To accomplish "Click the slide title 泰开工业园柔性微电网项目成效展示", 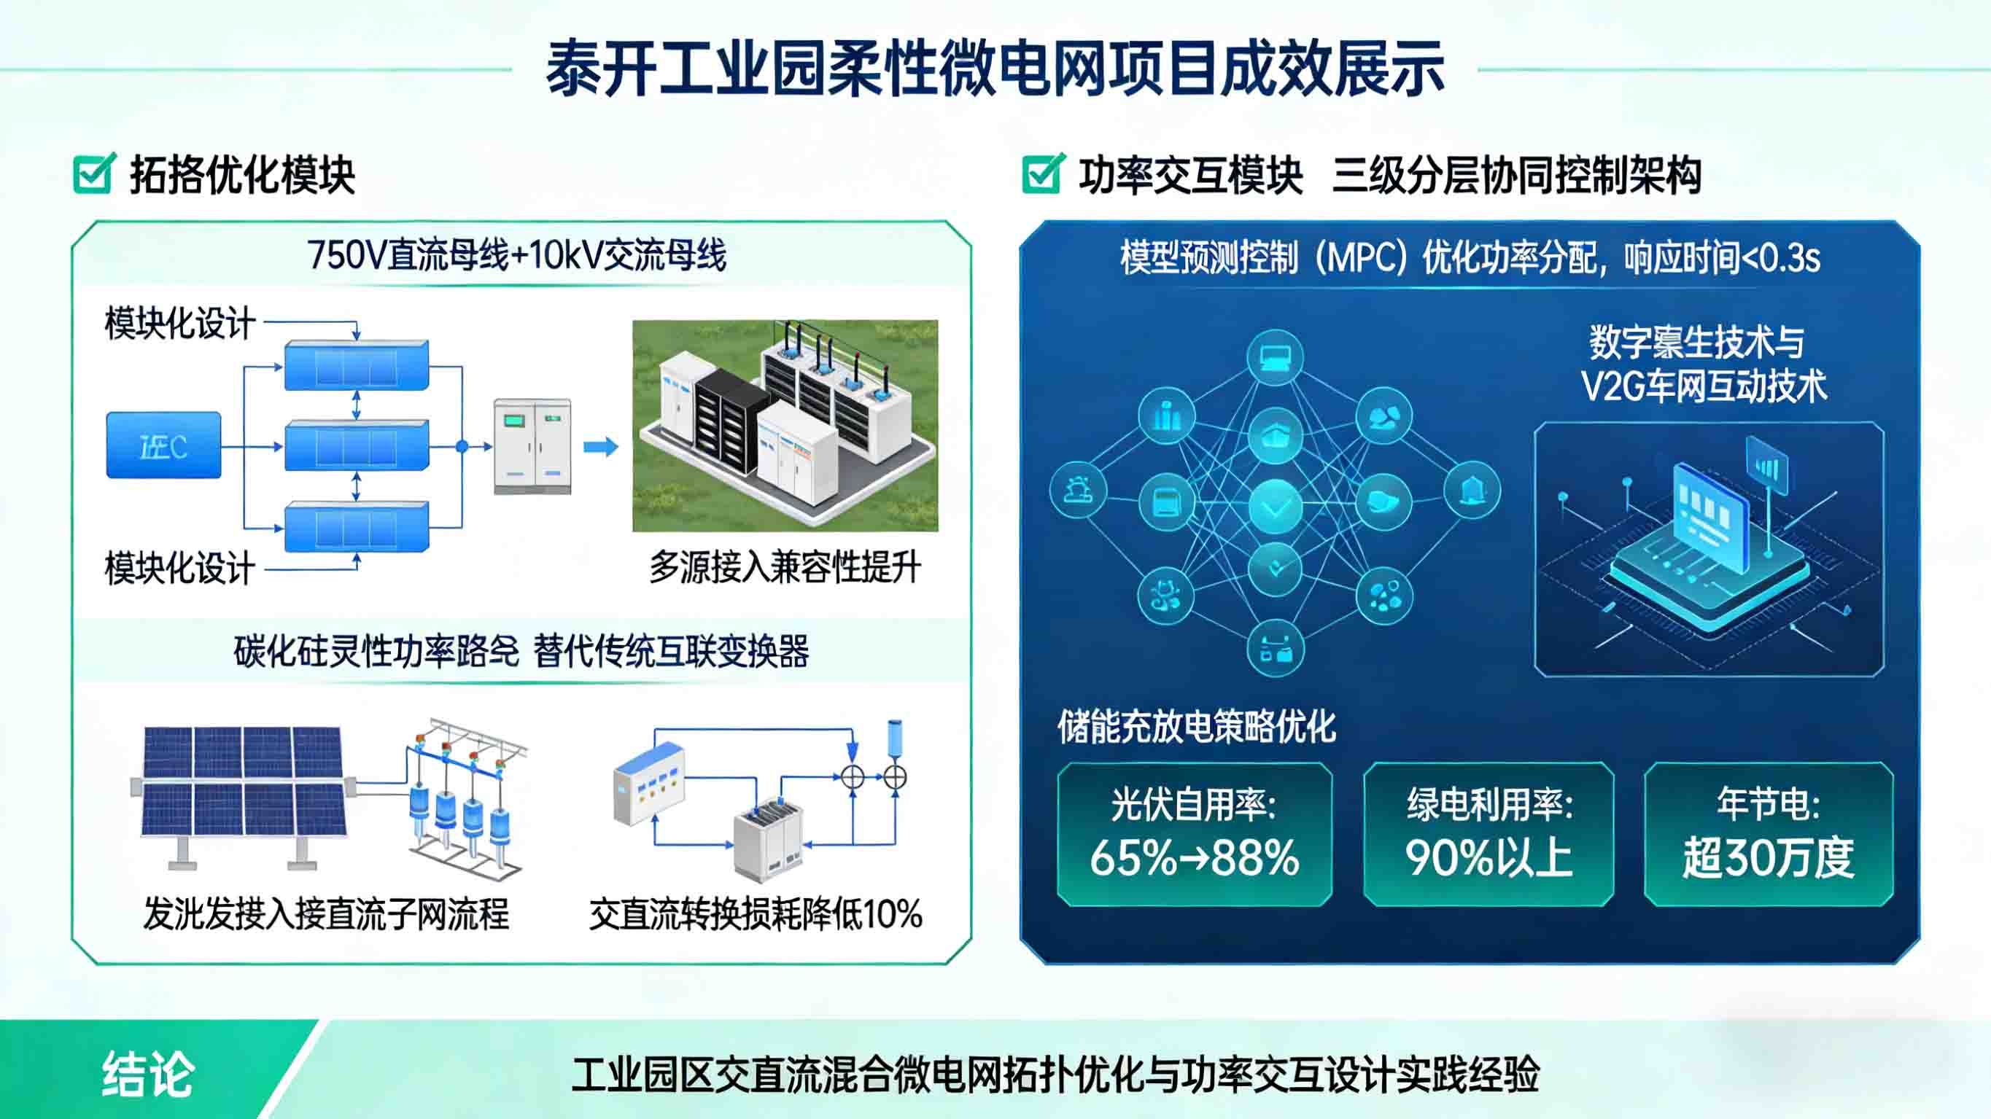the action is click(x=995, y=69).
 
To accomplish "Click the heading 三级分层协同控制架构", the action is click(x=1516, y=176).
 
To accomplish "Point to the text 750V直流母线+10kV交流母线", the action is click(x=516, y=255).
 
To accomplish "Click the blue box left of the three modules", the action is click(x=164, y=445).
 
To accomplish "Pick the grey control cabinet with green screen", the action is click(x=532, y=446).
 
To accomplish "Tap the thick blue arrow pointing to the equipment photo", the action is click(x=600, y=447).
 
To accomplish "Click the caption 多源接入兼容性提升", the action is click(x=785, y=567).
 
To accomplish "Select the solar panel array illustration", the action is click(x=243, y=782).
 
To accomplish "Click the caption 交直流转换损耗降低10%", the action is click(x=755, y=913).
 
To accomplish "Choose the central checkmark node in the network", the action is click(x=1276, y=506).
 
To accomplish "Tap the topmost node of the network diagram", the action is click(x=1276, y=357).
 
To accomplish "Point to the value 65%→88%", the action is click(x=1194, y=858).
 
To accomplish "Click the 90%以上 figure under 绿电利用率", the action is click(x=1489, y=858).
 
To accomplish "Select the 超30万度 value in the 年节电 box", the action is click(x=1769, y=858).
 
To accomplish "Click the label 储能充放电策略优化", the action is click(x=1197, y=726).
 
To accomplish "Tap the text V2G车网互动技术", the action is click(x=1704, y=386).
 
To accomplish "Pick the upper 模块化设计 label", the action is click(x=180, y=323).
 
